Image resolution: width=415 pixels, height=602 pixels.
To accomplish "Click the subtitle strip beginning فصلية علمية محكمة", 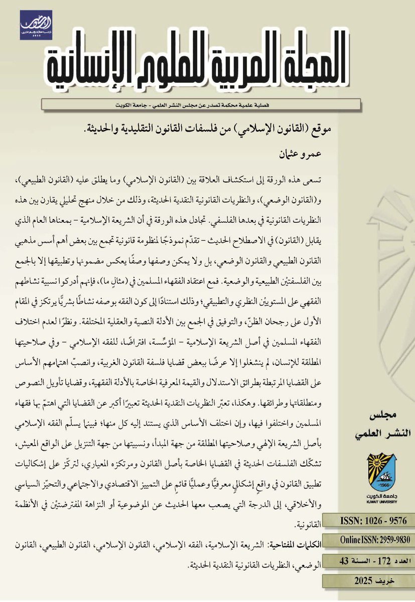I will (x=201, y=104).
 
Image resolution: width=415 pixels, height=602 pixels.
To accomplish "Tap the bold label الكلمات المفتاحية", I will (x=296, y=545).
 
